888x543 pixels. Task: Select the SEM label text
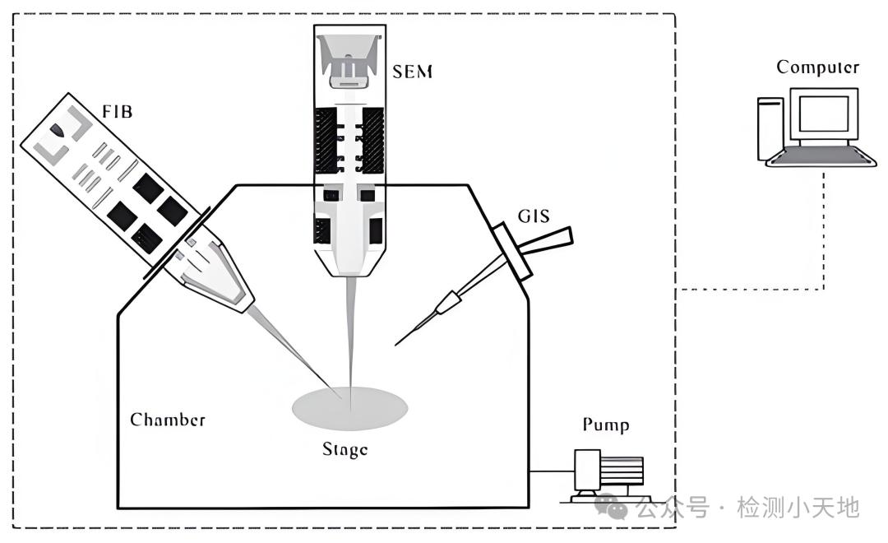(412, 72)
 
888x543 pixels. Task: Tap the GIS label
(534, 216)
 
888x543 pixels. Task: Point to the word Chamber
(168, 420)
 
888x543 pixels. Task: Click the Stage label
(345, 449)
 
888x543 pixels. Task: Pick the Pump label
(606, 425)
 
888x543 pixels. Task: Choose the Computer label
(817, 67)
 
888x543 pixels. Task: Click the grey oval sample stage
(350, 407)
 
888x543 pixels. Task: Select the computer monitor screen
(823, 114)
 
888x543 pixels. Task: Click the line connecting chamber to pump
(552, 471)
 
